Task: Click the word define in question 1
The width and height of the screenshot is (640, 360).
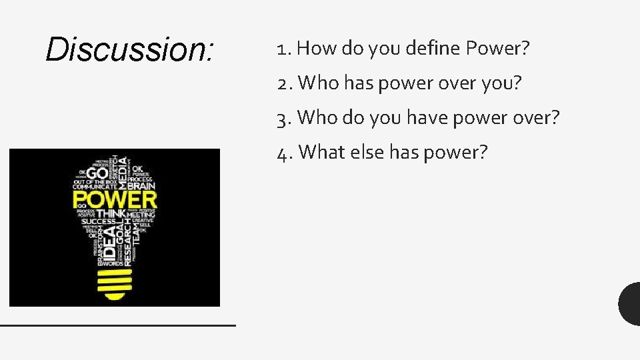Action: coord(434,49)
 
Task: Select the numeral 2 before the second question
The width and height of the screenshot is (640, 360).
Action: coord(283,83)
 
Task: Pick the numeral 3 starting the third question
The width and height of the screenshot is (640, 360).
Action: coord(283,119)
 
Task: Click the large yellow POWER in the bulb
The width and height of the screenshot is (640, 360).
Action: coord(115,199)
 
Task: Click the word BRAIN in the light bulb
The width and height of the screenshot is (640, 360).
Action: coord(141,187)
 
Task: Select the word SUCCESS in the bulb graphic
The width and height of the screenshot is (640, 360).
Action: coord(99,221)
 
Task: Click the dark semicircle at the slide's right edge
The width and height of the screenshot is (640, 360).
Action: coord(630,303)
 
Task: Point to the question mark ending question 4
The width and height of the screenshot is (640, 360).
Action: coord(483,152)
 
